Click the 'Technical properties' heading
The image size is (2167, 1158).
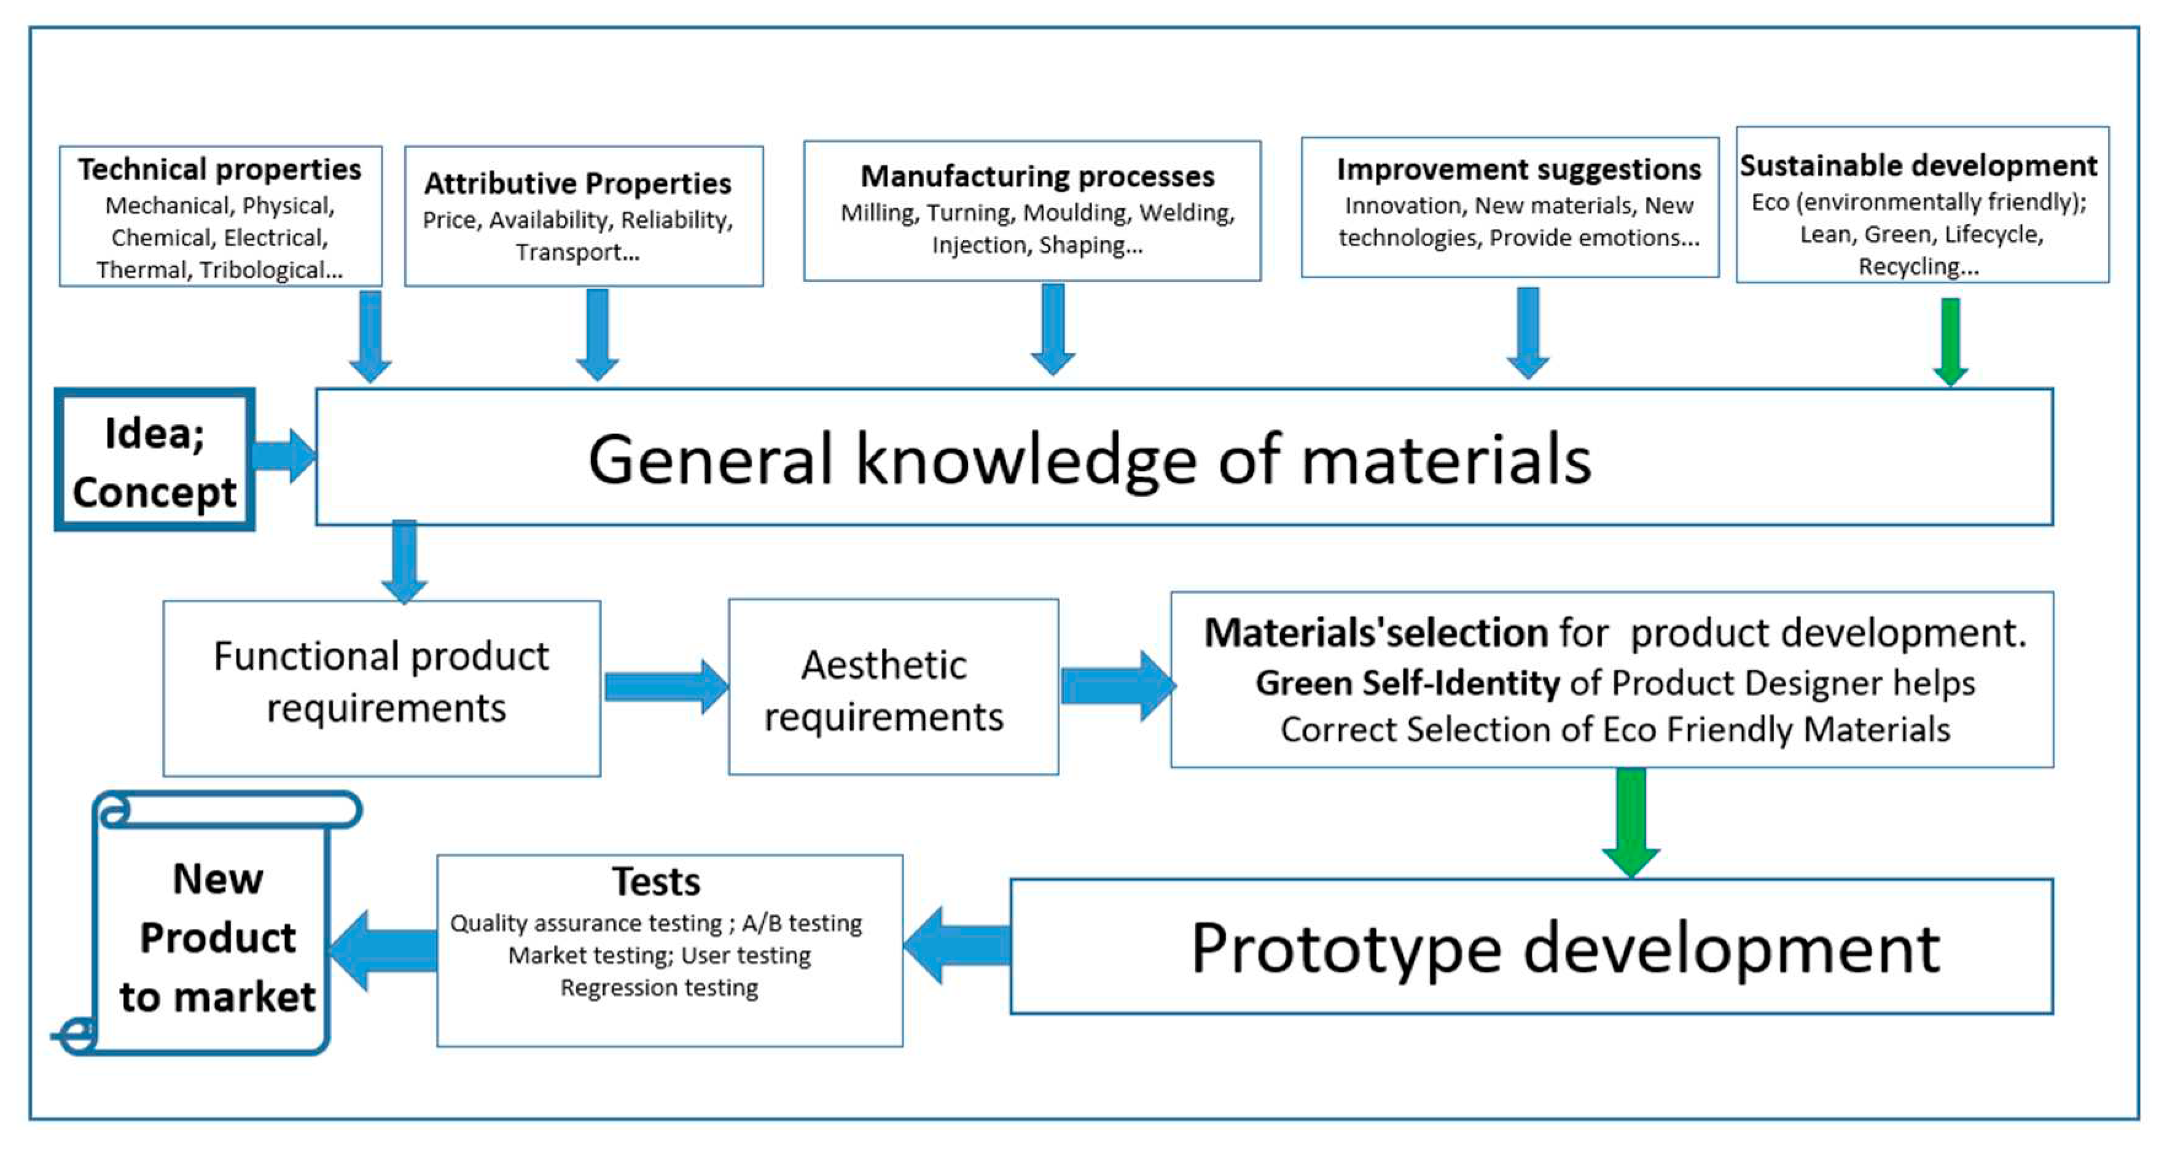tap(219, 169)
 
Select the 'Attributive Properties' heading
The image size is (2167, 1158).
tap(577, 184)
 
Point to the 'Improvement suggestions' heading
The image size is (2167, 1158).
tap(1518, 169)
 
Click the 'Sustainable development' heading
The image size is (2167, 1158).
tap(1918, 166)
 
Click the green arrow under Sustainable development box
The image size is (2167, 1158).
tap(1950, 341)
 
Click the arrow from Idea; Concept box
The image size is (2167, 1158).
tap(284, 456)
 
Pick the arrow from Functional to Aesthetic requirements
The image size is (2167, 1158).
tap(665, 686)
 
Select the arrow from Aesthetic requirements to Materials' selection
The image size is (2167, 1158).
tap(1115, 685)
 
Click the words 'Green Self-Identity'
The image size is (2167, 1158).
tap(1407, 683)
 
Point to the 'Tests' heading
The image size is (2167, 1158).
tap(656, 881)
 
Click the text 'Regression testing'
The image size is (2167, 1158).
tap(658, 987)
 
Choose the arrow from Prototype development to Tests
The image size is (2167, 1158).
tap(958, 944)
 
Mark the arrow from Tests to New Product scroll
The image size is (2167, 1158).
tap(383, 950)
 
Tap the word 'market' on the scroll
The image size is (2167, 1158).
tap(245, 997)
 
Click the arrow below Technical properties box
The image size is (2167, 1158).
tap(370, 335)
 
